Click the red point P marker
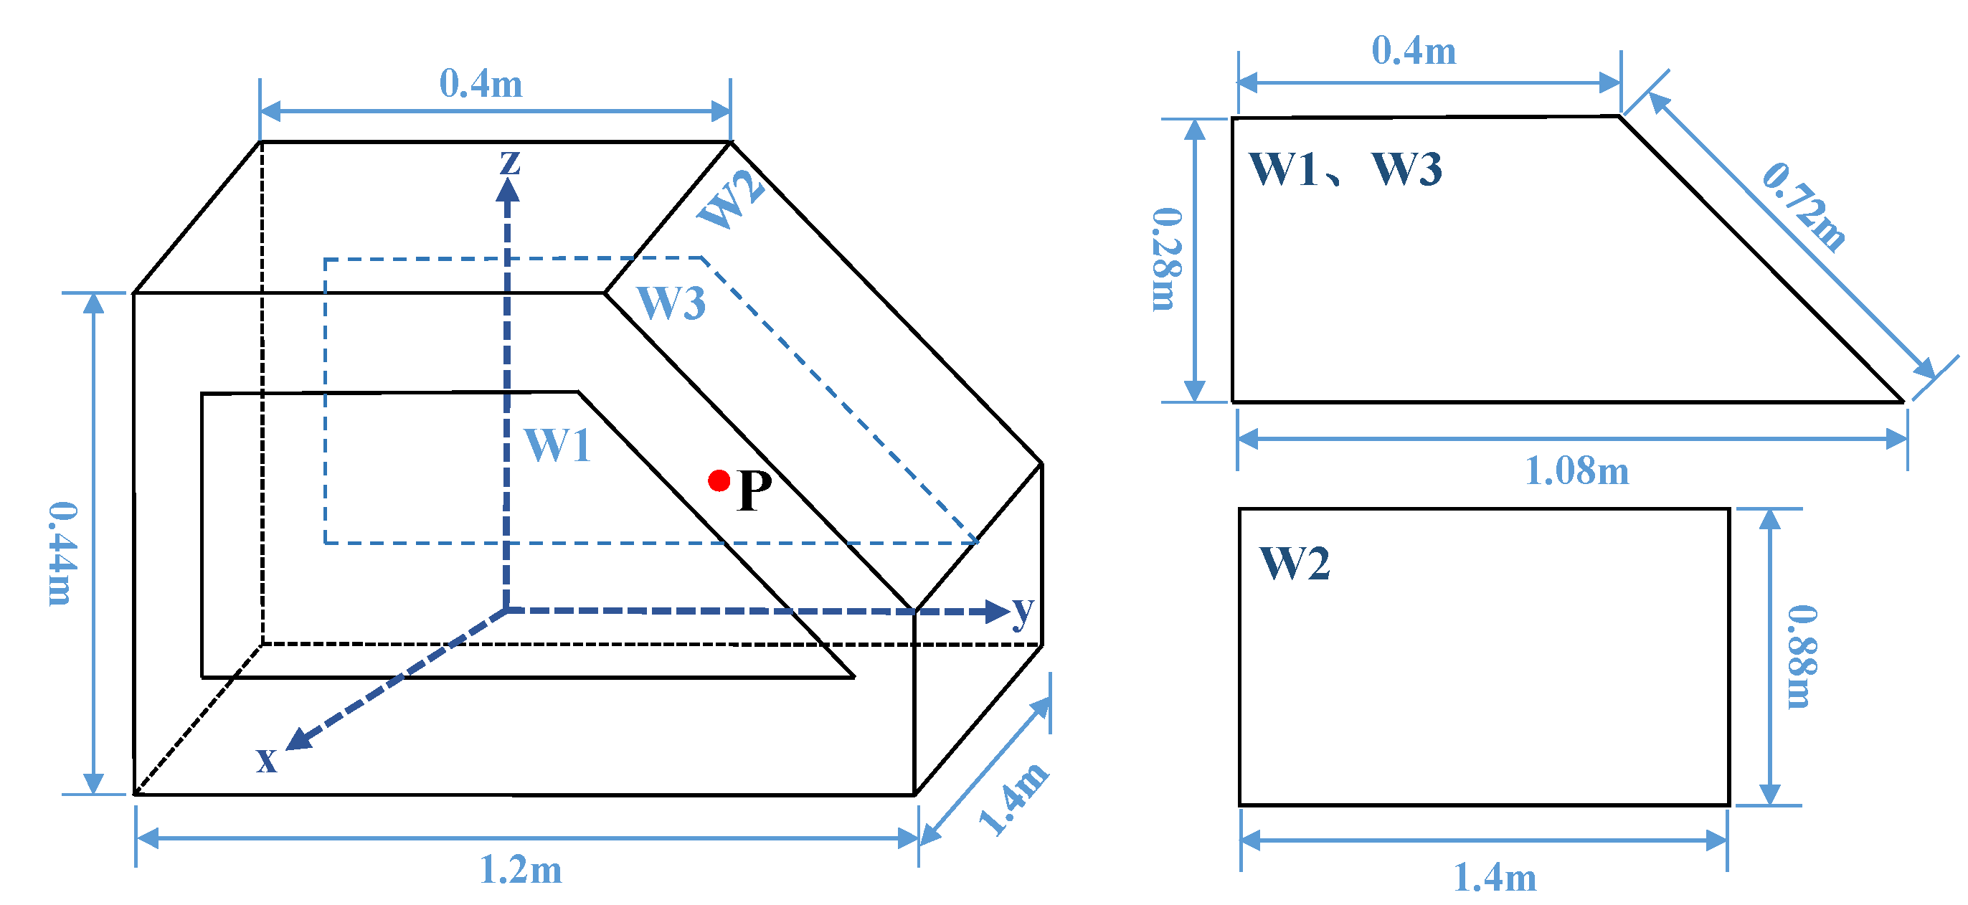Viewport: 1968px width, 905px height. (x=718, y=480)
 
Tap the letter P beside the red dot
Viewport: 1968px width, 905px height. (x=754, y=491)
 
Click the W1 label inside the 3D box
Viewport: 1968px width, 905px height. (x=558, y=445)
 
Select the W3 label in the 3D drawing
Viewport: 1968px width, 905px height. (x=671, y=303)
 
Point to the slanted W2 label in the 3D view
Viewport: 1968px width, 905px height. (x=730, y=200)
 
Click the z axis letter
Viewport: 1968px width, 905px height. (x=509, y=162)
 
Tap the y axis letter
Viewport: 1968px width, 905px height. (x=1023, y=611)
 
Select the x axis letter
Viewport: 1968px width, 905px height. (x=266, y=759)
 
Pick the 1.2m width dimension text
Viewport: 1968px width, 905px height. (x=521, y=870)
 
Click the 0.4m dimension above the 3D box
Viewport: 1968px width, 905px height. (x=481, y=83)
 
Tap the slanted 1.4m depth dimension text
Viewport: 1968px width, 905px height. (x=1014, y=799)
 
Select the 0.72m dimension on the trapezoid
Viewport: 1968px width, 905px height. (x=1804, y=207)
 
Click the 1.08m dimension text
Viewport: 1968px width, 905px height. (x=1576, y=470)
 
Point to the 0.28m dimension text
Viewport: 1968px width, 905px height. (x=1167, y=259)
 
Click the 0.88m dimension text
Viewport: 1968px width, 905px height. (x=1802, y=657)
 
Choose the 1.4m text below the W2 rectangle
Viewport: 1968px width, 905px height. (x=1495, y=878)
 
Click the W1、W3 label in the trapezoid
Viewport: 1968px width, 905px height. (x=1345, y=169)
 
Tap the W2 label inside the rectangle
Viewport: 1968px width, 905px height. (x=1294, y=564)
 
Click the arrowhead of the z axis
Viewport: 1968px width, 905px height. (x=507, y=189)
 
